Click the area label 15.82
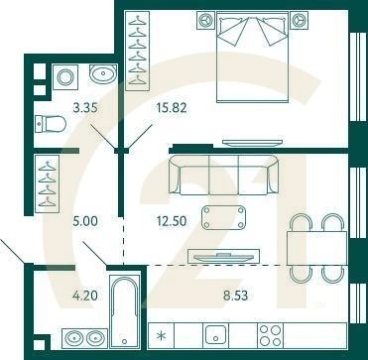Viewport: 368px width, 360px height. pyautogui.click(x=171, y=108)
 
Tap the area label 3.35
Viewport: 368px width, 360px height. pyautogui.click(x=85, y=108)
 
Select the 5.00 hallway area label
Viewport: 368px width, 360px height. pyautogui.click(x=85, y=221)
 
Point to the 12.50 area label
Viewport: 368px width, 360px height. pyautogui.click(x=171, y=221)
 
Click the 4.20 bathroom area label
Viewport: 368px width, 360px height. pyautogui.click(x=85, y=296)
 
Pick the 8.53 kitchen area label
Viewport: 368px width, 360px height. pyautogui.click(x=235, y=296)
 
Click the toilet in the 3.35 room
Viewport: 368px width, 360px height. pyautogui.click(x=51, y=124)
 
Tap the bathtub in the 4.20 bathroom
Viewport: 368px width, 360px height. pyautogui.click(x=125, y=311)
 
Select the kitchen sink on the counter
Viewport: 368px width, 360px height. pyautogui.click(x=216, y=335)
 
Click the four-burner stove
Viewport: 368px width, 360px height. pyautogui.click(x=271, y=335)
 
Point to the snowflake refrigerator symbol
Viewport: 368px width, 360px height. pyautogui.click(x=162, y=336)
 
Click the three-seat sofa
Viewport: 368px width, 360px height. pyautogui.click(x=223, y=175)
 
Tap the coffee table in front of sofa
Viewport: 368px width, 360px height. pyautogui.click(x=223, y=217)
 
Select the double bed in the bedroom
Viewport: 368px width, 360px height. pyautogui.click(x=253, y=57)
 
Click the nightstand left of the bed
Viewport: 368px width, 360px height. pyautogui.click(x=206, y=20)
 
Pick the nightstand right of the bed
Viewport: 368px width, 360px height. pyautogui.click(x=300, y=20)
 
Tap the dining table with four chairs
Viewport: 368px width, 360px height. pyautogui.click(x=316, y=248)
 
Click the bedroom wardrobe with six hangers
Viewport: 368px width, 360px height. pyautogui.click(x=138, y=51)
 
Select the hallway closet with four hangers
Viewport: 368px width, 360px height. pyautogui.click(x=47, y=183)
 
